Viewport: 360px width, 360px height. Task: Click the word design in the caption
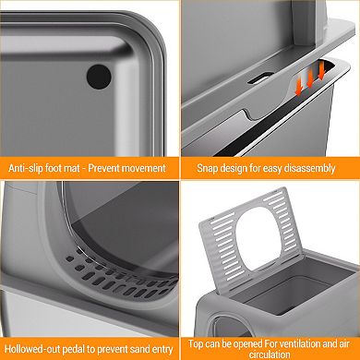point(240,169)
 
